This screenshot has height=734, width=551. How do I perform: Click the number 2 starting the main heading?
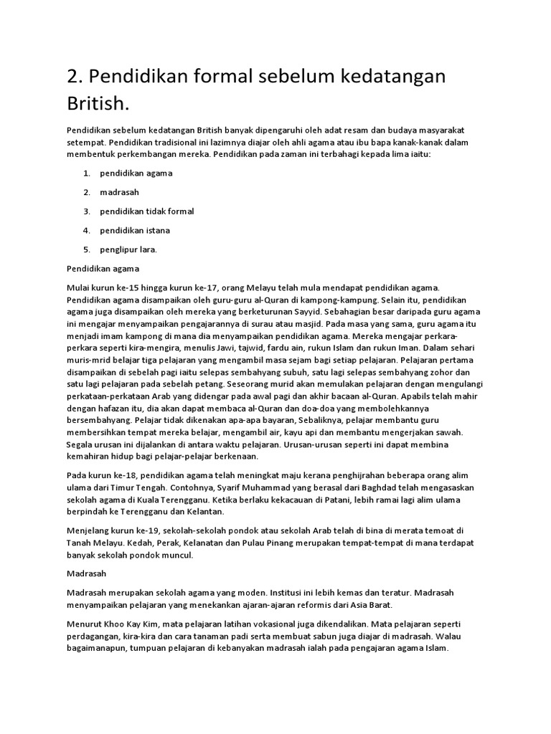pos(72,77)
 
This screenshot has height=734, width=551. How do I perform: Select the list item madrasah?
pos(119,192)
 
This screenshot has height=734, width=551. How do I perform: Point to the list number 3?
pos(85,211)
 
